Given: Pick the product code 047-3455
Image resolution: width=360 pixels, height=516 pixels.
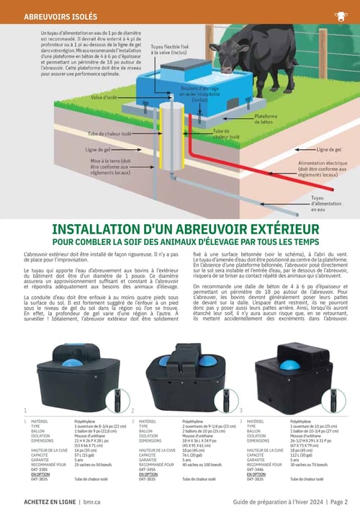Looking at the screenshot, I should [148, 468].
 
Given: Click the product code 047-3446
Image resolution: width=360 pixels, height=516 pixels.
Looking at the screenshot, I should [256, 468].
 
